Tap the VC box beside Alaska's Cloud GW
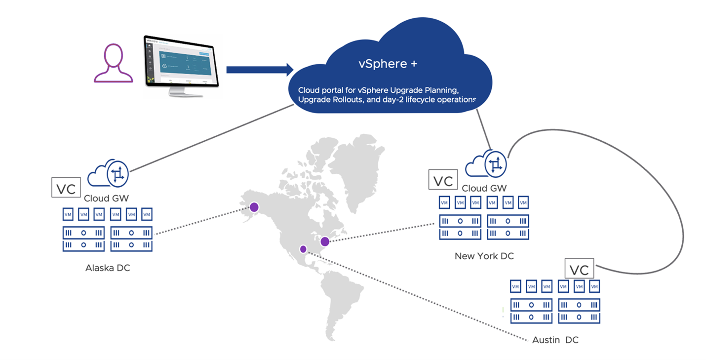pyautogui.click(x=66, y=188)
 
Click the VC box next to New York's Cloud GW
pyautogui.click(x=443, y=180)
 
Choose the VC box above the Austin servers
pyautogui.click(x=580, y=269)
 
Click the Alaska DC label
pyautogui.click(x=108, y=268)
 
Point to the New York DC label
pyautogui.click(x=484, y=256)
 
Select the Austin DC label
pyautogui.click(x=555, y=340)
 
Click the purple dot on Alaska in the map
pyautogui.click(x=254, y=207)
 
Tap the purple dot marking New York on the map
pyautogui.click(x=325, y=241)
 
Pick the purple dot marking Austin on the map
pyautogui.click(x=303, y=249)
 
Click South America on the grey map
pyautogui.click(x=341, y=301)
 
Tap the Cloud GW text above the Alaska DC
pyautogui.click(x=107, y=198)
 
